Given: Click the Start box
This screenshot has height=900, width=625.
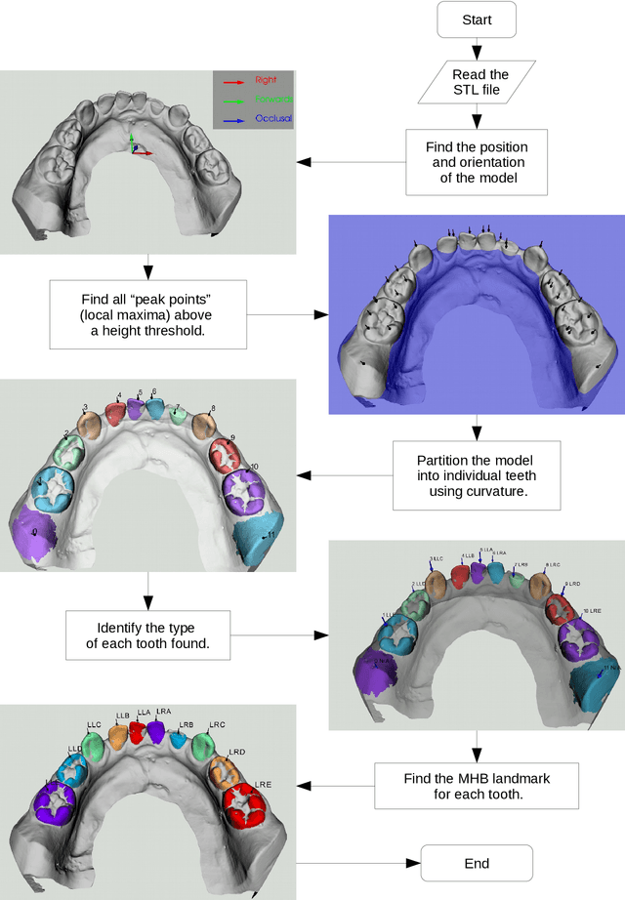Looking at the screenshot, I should pyautogui.click(x=477, y=20).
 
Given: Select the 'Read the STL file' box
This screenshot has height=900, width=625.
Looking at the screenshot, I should pyautogui.click(x=476, y=82).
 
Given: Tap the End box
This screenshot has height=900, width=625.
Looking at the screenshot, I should pyautogui.click(x=477, y=863).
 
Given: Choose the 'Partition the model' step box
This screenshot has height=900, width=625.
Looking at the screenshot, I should pyautogui.click(x=477, y=475).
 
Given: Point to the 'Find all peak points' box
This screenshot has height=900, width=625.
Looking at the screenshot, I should pyautogui.click(x=146, y=314).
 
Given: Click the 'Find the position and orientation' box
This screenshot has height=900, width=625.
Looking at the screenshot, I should pyautogui.click(x=477, y=162).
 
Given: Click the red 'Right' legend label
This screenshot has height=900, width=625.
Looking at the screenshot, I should pyautogui.click(x=266, y=80).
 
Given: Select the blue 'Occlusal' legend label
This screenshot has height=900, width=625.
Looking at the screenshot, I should pyautogui.click(x=273, y=118).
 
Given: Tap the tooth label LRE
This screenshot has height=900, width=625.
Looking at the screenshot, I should pyautogui.click(x=263, y=785).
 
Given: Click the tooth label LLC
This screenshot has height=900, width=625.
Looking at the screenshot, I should pyautogui.click(x=94, y=725).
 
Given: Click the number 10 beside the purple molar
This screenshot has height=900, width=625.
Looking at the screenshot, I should pyautogui.click(x=254, y=467).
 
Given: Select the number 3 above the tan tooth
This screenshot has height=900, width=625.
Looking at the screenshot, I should pyautogui.click(x=85, y=407).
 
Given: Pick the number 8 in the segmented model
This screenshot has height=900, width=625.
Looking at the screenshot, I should pyautogui.click(x=213, y=408).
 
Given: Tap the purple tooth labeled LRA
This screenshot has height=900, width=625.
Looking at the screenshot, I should pyautogui.click(x=157, y=732).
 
